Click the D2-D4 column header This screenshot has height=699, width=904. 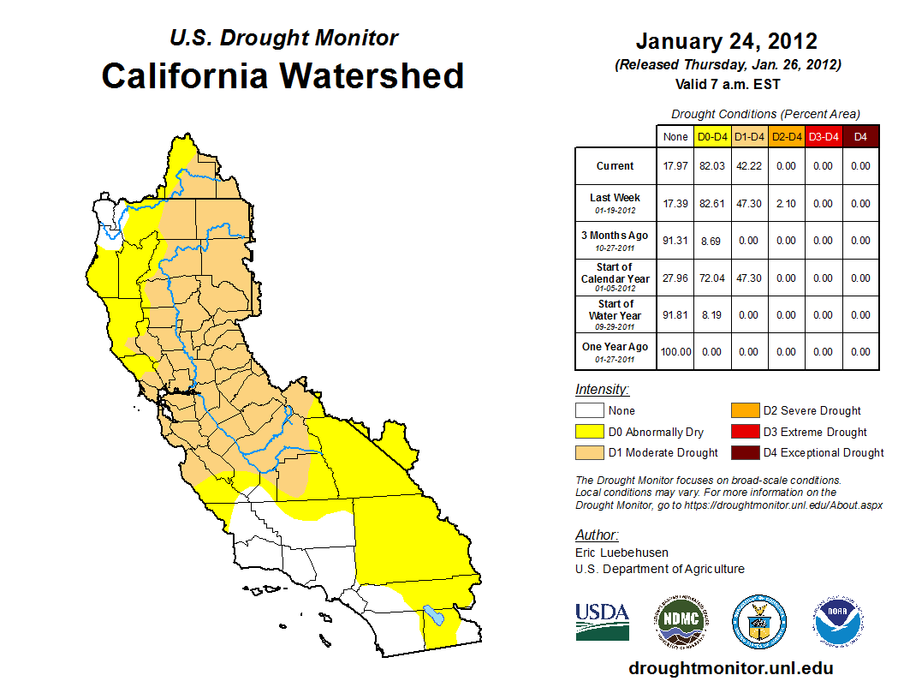786,137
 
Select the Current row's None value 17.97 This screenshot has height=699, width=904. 675,166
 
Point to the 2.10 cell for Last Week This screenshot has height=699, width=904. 786,204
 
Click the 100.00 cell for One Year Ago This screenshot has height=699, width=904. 675,352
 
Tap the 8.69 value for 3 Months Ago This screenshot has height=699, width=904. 712,241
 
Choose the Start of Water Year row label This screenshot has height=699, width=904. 616,315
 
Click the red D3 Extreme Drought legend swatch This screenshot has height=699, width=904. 743,432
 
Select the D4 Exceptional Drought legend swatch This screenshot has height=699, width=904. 743,452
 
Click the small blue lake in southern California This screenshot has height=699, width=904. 435,615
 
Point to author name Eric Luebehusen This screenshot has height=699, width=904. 621,553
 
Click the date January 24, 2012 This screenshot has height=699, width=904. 726,41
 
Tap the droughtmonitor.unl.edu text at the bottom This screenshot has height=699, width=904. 730,668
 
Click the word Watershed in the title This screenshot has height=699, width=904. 373,75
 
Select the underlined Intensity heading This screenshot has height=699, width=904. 602,389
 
